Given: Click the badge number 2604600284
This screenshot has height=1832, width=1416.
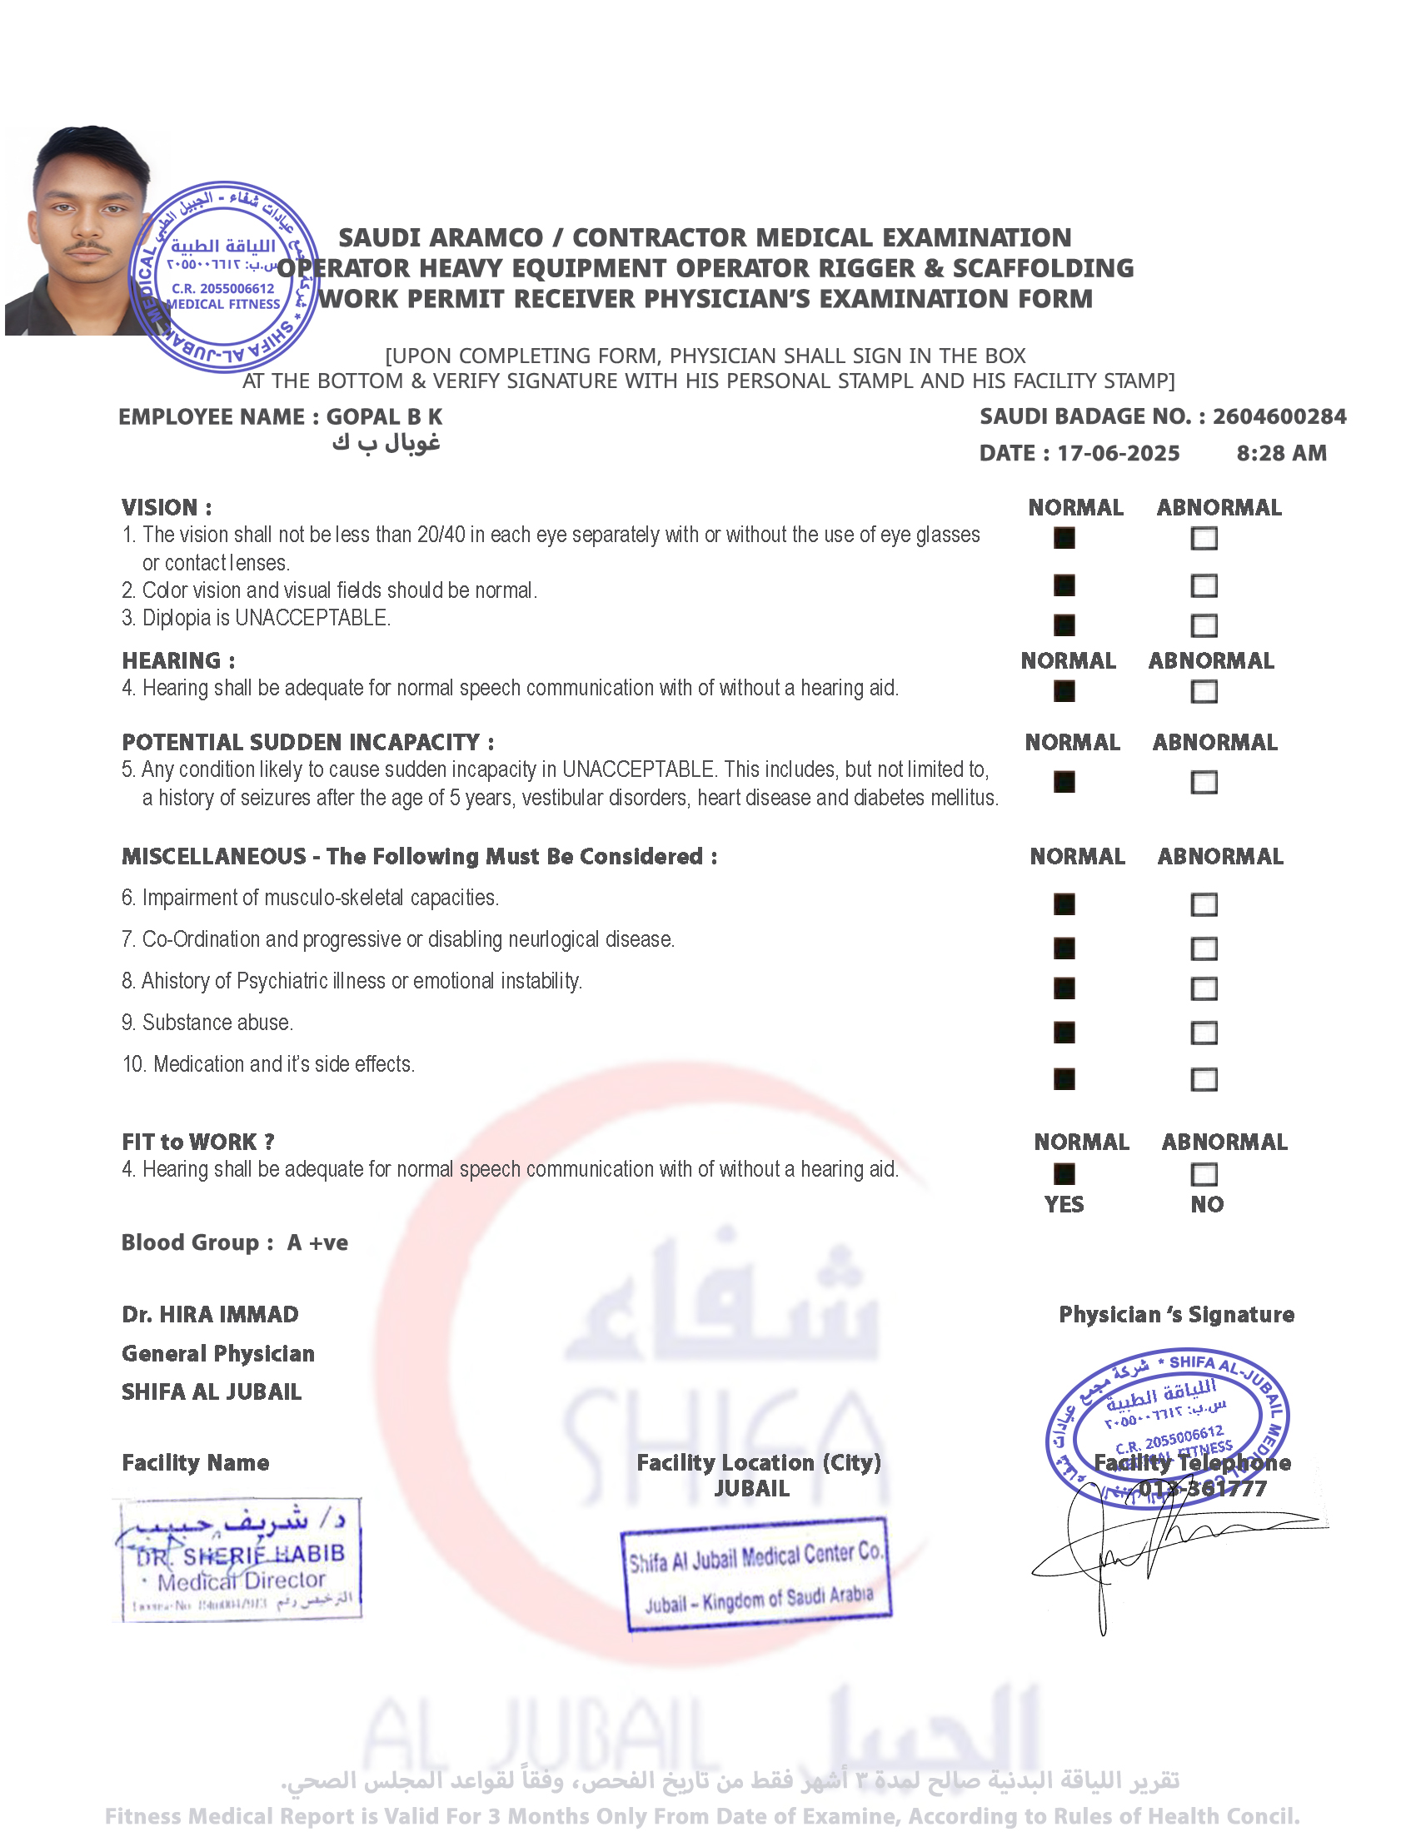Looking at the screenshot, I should pos(1279,417).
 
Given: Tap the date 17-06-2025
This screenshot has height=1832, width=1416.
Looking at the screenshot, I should pos(1118,454).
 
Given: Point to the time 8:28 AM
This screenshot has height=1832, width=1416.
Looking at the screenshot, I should pos(1281,454).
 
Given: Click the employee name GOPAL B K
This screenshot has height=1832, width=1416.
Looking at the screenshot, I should pos(384,417).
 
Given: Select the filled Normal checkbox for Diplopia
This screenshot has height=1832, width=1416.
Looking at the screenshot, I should pos(1064,625).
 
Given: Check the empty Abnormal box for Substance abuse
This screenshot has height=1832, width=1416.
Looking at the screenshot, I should pos(1204,1033).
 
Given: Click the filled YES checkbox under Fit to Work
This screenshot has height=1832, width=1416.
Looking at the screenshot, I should pos(1064,1174).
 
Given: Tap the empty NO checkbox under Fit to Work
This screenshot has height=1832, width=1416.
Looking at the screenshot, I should pos(1204,1174).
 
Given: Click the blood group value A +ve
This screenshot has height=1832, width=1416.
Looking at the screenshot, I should pos(318,1242).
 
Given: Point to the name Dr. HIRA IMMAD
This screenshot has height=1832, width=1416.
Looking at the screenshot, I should pos(210,1314).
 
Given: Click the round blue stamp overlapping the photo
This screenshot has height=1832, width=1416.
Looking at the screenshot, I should pos(224,276).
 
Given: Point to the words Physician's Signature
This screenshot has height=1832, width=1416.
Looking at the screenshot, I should pos(1176,1314).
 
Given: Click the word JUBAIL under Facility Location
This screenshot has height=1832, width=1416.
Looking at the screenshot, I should pos(751,1489).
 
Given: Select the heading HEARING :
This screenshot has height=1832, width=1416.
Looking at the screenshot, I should pos(178,661).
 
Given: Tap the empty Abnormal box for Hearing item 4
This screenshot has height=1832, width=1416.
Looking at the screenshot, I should pos(1204,692).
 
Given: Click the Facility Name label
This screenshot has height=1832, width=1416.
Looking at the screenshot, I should pos(196,1463).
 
